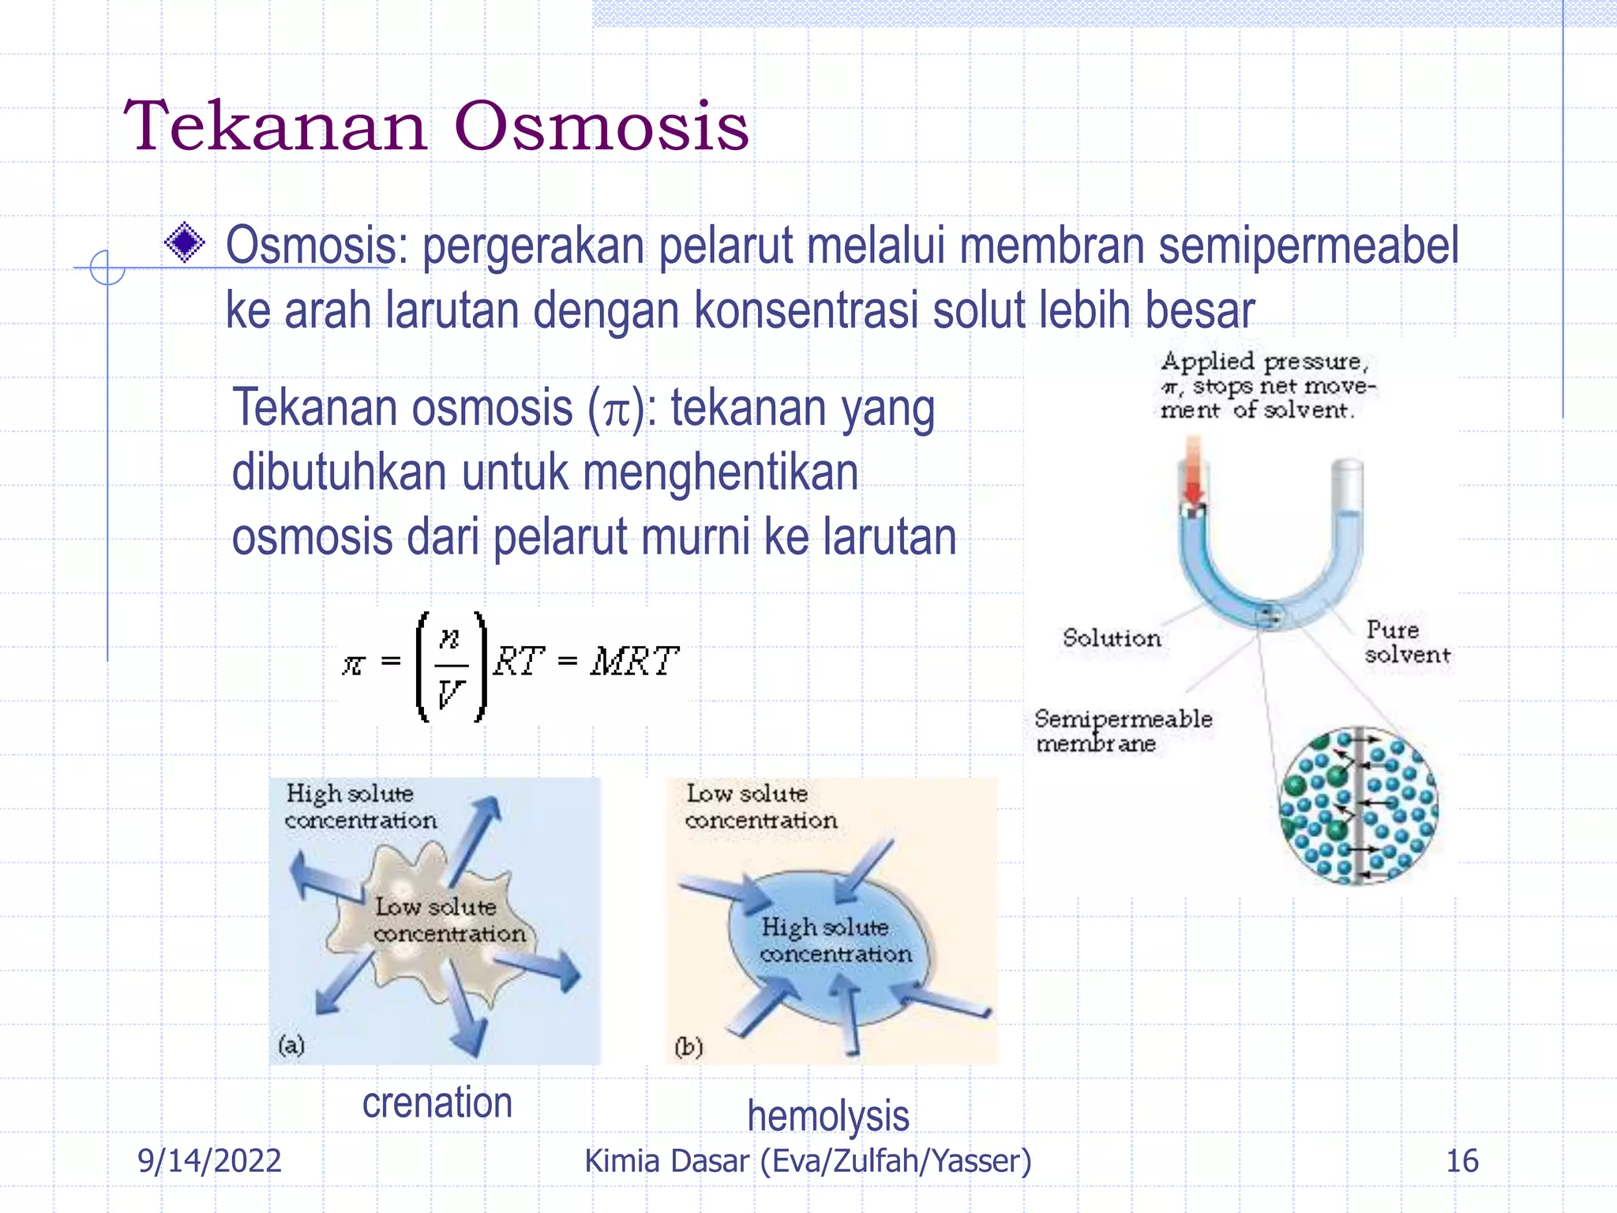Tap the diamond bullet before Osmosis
185,242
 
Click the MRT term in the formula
634,662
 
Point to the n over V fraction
450,665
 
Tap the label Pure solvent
1406,642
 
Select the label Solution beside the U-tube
1111,638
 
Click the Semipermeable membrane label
1121,731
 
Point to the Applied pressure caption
1266,385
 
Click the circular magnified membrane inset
1358,806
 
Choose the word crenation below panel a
437,1102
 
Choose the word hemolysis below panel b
827,1116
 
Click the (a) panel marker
291,1045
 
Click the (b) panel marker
688,1046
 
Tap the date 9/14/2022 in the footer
209,1161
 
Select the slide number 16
1461,1161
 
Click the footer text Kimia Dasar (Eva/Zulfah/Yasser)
808,1161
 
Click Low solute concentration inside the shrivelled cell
448,920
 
